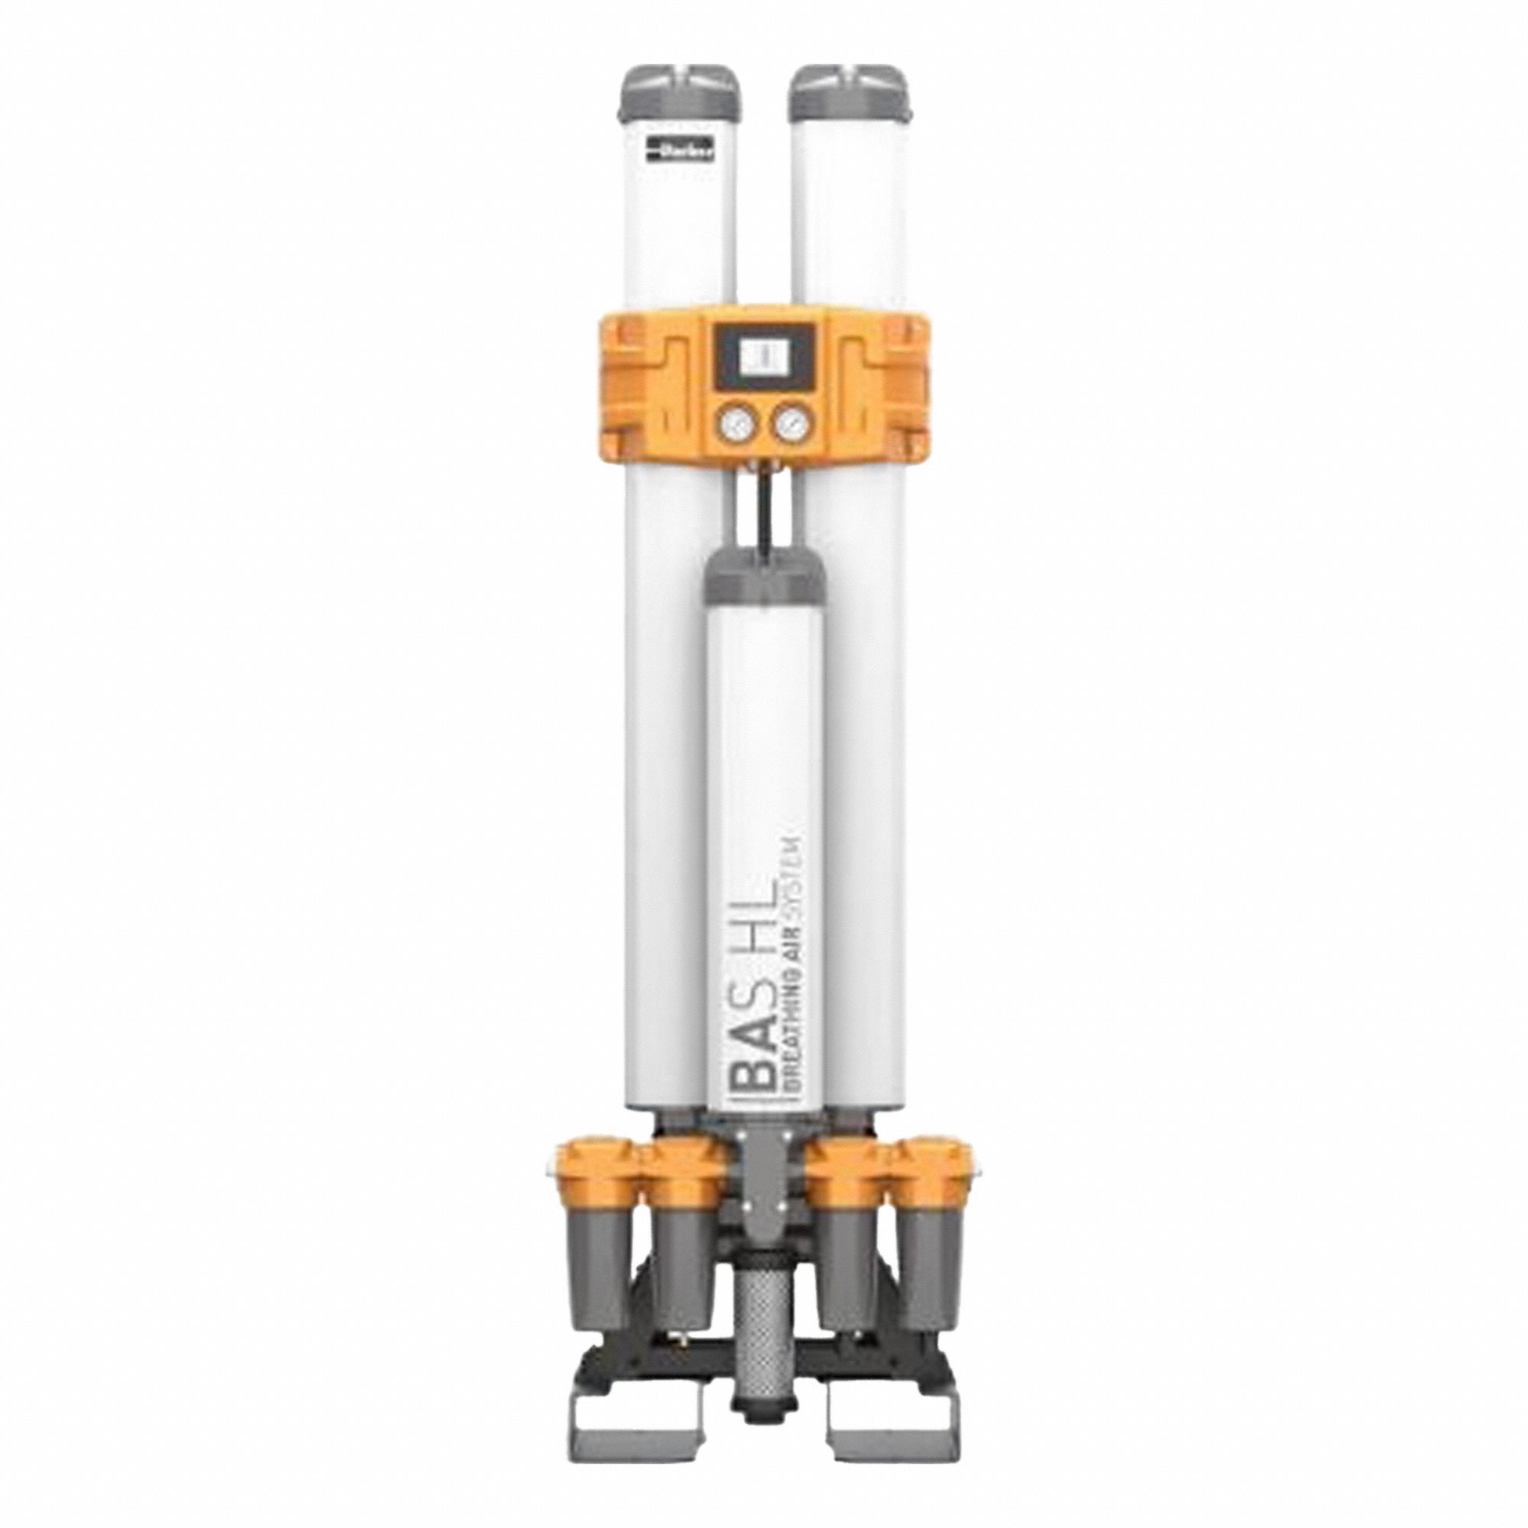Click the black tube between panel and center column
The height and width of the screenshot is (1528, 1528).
coord(765,522)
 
